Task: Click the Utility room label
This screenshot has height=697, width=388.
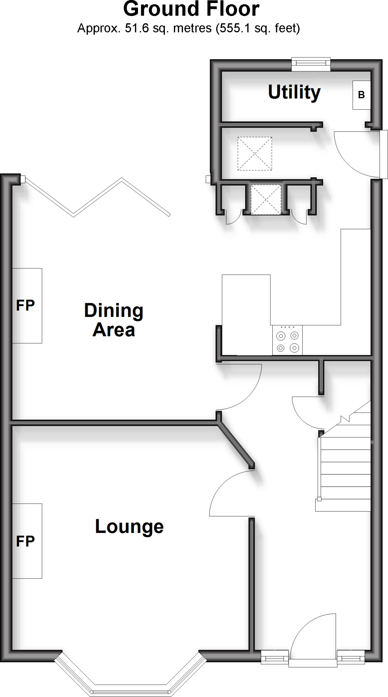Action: [294, 92]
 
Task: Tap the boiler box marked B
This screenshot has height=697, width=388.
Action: [361, 95]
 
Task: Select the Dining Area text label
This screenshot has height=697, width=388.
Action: [114, 320]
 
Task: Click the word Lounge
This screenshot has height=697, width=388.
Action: [129, 526]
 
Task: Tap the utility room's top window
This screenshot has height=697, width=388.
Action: [311, 64]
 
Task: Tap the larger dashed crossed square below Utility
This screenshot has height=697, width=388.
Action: [255, 153]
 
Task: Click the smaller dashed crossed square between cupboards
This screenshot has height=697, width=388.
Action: [266, 199]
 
